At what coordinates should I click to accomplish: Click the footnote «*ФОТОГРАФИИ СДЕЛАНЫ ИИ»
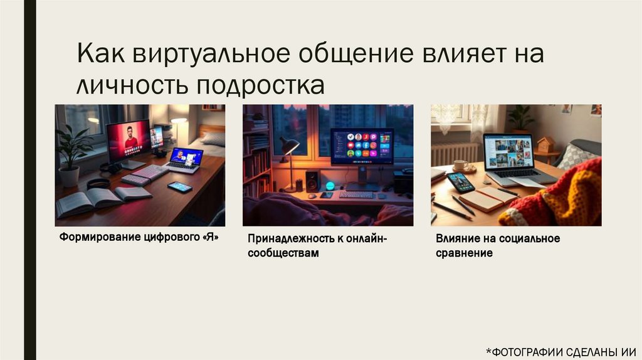click(x=561, y=351)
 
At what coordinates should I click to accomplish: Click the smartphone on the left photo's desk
click(x=180, y=187)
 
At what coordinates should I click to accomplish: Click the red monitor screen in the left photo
click(x=129, y=139)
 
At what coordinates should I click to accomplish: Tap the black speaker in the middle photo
click(x=312, y=181)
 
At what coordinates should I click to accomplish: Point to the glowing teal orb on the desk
click(x=330, y=185)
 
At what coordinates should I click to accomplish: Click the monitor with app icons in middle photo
click(x=362, y=147)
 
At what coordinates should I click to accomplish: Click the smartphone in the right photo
click(x=461, y=182)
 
